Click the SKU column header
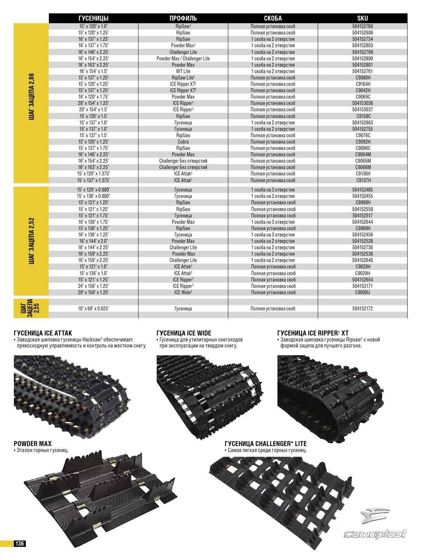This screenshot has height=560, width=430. tap(362, 18)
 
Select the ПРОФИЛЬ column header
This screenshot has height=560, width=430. tap(183, 18)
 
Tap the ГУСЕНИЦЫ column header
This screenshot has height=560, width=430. tap(94, 18)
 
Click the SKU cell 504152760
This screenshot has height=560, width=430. tap(362, 26)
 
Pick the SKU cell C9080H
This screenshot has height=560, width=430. tap(362, 78)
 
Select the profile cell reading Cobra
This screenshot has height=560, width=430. tap(183, 142)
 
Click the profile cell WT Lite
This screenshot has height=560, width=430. tap(183, 71)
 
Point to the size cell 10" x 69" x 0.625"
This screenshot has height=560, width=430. tap(94, 308)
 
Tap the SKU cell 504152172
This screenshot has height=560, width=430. tap(362, 308)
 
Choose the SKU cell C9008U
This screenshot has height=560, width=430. tap(362, 292)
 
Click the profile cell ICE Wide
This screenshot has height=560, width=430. tap(183, 292)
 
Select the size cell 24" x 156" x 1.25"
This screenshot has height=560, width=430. tap(94, 286)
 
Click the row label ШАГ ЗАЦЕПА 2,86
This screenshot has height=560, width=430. tap(31, 98)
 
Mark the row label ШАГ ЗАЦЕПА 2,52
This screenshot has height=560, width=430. tap(31, 241)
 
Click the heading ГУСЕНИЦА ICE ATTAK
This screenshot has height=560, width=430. tap(43, 333)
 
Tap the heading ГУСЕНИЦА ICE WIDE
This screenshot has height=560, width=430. tap(184, 333)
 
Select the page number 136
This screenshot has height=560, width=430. tap(19, 554)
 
